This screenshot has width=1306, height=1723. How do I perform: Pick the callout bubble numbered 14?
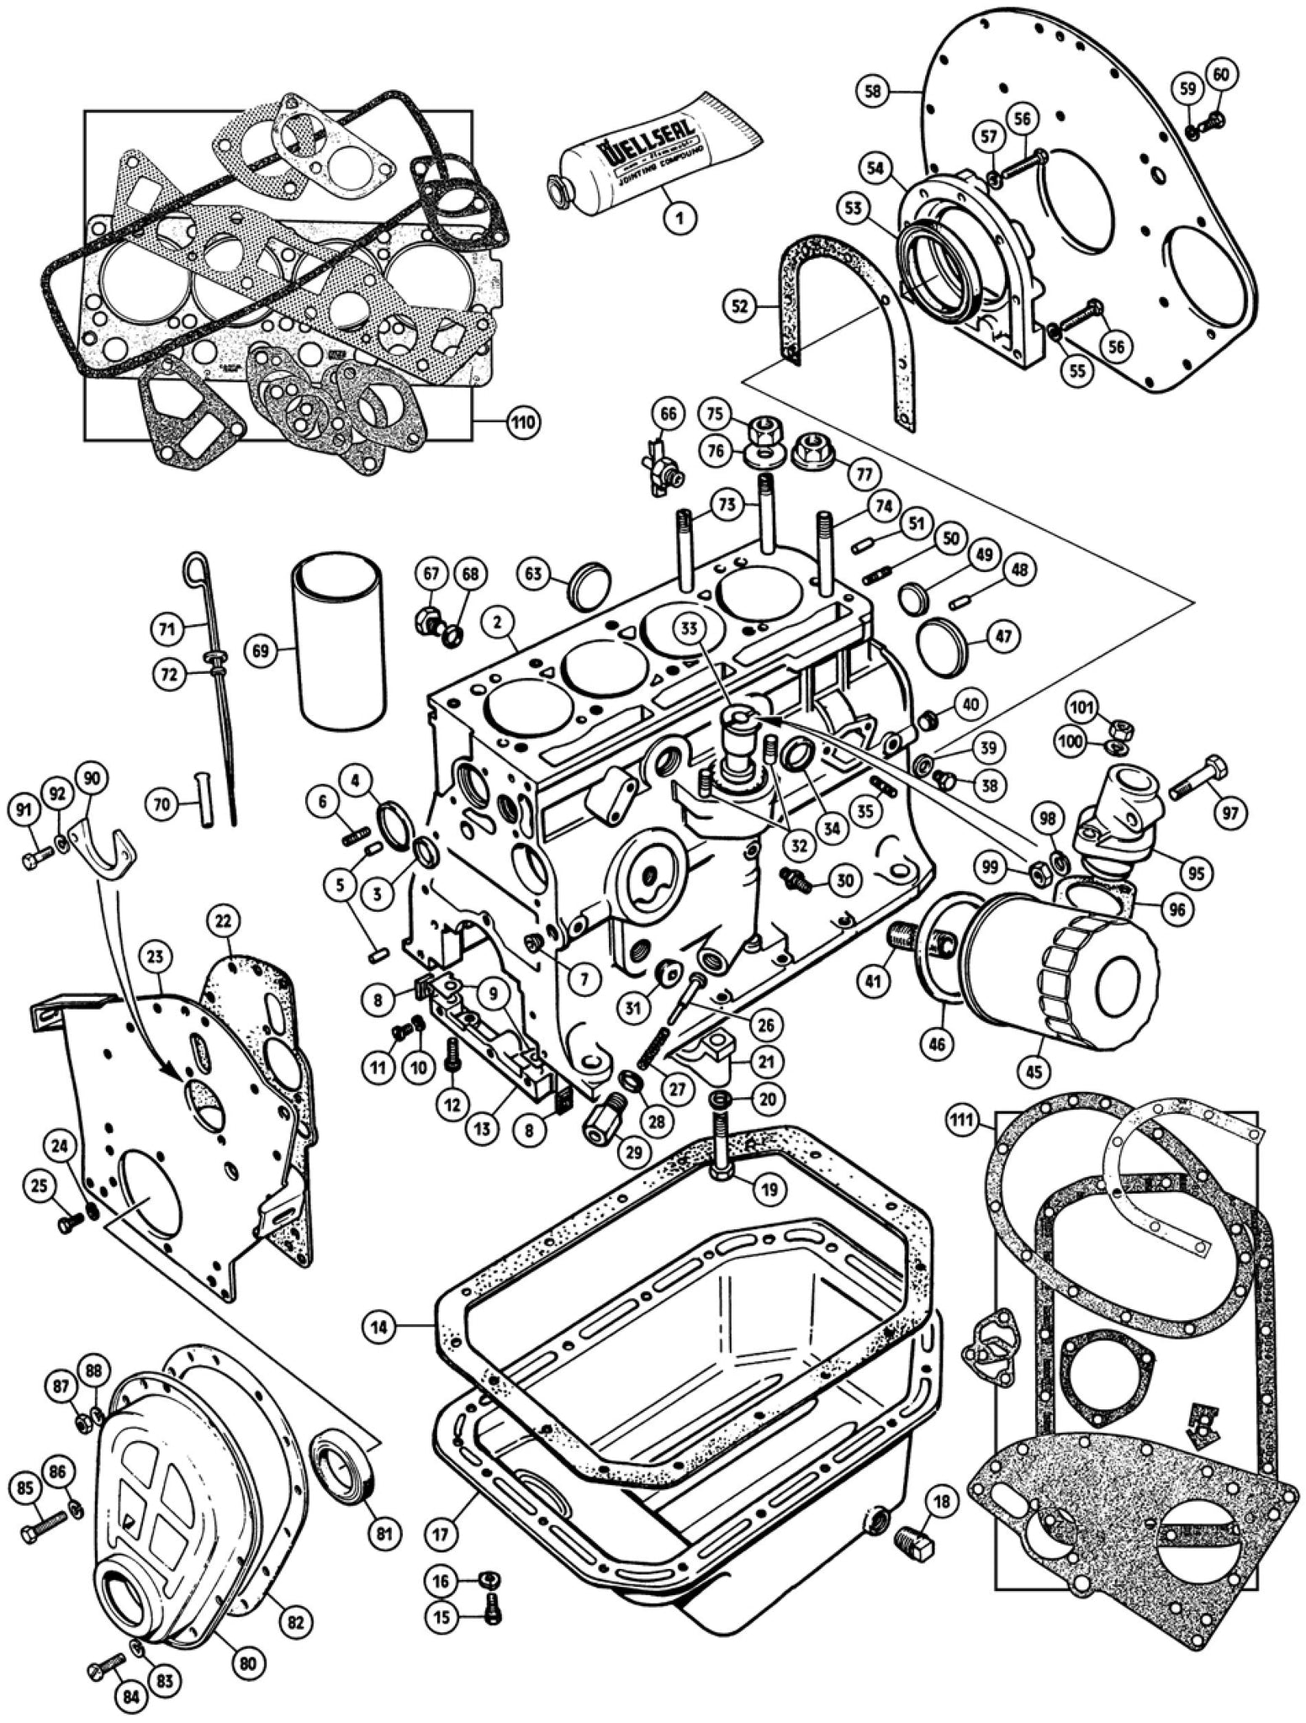pyautogui.click(x=381, y=1327)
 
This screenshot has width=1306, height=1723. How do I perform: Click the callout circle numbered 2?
pyautogui.click(x=498, y=623)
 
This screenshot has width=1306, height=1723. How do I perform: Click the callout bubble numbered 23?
pyautogui.click(x=158, y=957)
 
